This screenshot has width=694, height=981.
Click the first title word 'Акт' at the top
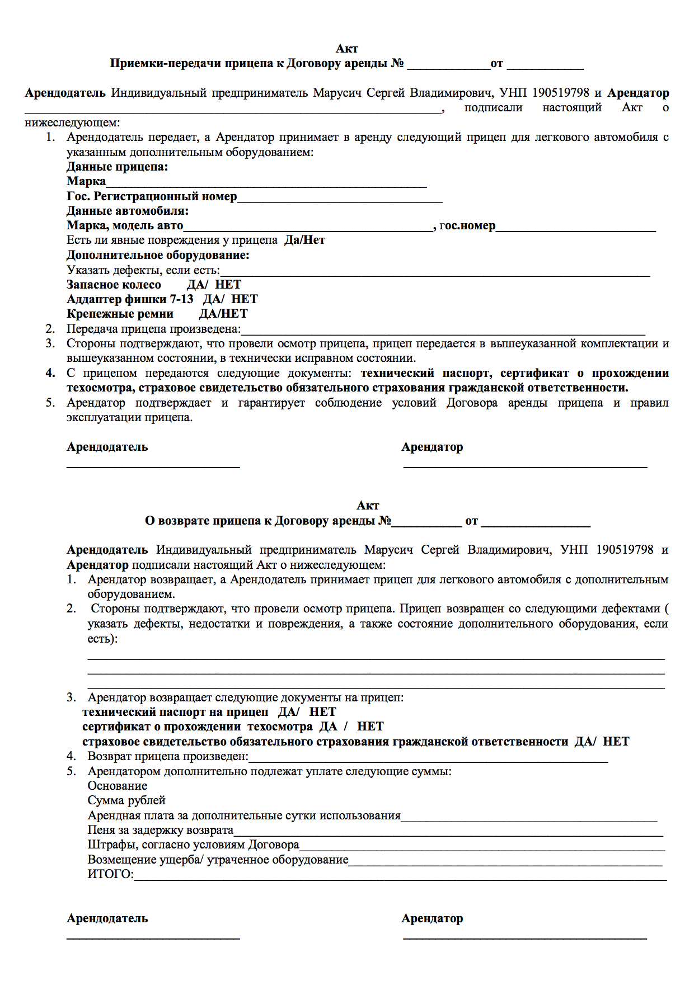pos(346,49)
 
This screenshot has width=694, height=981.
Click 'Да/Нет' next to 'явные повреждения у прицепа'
pos(304,240)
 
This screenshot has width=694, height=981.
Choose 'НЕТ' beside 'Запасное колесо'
pos(228,285)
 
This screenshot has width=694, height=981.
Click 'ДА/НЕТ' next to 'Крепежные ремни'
pos(223,314)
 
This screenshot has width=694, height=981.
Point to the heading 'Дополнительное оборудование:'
pos(158,255)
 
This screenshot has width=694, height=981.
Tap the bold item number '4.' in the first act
pos(50,373)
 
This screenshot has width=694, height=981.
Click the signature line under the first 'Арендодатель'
pos(153,465)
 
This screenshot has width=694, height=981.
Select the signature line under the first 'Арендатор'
pos(525,465)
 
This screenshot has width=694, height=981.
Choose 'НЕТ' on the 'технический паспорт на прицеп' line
pos(322,712)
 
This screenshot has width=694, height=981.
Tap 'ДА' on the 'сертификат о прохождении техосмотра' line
pos(329,727)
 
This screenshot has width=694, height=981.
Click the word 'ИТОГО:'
pos(110,874)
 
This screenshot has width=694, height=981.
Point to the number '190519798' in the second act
pos(624,550)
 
